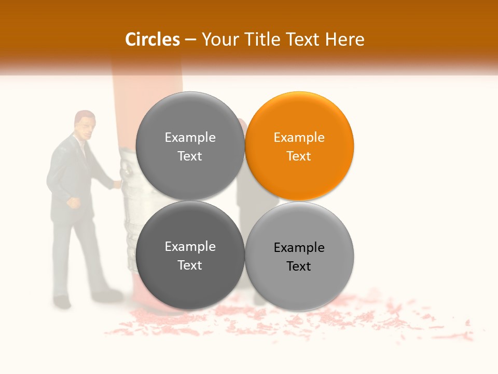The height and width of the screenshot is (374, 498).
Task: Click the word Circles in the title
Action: (152, 39)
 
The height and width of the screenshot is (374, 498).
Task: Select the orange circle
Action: (299, 146)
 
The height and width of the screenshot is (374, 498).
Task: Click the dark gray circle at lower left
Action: (190, 256)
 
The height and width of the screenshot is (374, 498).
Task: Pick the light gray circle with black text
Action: (299, 256)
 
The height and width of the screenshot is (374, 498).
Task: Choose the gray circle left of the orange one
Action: (190, 146)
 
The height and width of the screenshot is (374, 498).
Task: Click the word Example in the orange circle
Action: (299, 138)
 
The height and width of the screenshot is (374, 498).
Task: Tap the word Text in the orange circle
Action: (299, 156)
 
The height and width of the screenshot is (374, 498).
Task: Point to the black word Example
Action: (299, 248)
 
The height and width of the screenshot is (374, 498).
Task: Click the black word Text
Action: (299, 266)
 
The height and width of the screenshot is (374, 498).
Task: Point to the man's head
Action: (85, 125)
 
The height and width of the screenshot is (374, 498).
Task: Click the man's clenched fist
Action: (75, 203)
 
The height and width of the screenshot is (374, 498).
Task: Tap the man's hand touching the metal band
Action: (118, 183)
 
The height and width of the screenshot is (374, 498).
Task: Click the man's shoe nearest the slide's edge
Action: (62, 301)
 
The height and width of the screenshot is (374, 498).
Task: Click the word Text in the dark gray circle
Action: (190, 265)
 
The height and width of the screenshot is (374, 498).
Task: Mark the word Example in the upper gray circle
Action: (190, 138)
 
